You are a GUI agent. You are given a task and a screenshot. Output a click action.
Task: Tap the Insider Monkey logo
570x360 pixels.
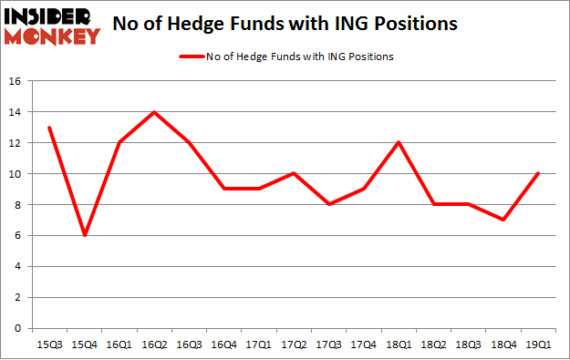[x=51, y=25]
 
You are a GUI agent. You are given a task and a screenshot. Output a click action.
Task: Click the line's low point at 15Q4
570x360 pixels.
[x=84, y=235]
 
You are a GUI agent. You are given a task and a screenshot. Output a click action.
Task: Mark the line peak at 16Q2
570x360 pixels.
[x=154, y=112]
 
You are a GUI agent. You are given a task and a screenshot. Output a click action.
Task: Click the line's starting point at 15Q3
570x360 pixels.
[x=49, y=128]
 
